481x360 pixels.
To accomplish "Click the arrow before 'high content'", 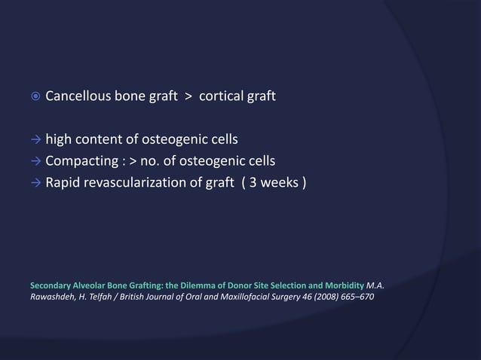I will click(x=35, y=140).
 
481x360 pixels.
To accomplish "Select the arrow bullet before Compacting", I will click(x=35, y=160).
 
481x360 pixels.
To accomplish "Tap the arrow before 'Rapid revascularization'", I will click(x=35, y=182).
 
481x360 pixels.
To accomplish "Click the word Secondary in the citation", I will click(x=51, y=286).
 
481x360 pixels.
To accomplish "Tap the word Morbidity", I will click(x=340, y=286).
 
